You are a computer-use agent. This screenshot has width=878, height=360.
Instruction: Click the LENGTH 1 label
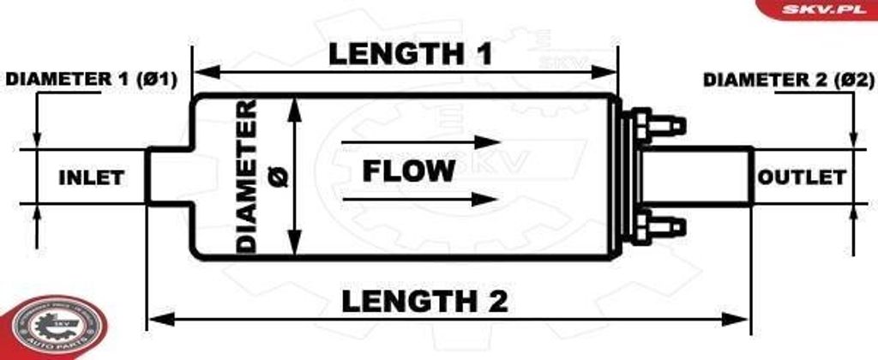pos(411,54)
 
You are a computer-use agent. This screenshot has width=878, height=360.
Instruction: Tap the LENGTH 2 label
pos(424,301)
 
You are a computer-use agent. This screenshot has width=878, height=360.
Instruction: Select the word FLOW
pos(408,171)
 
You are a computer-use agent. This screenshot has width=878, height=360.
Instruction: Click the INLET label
pos(91,178)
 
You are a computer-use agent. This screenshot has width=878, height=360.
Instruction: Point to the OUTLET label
pos(802,177)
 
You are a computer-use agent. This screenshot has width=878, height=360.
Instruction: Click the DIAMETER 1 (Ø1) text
pos(91,80)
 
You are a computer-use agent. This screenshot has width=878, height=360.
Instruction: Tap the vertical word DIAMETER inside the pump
pos(247,176)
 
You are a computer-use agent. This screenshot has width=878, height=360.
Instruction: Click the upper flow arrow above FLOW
pos(421,141)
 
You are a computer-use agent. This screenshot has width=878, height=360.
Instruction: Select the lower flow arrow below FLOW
pos(421,200)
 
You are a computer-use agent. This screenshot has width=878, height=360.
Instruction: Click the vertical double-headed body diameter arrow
pos(294,176)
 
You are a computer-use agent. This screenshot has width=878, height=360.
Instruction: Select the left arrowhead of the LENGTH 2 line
pos(154,320)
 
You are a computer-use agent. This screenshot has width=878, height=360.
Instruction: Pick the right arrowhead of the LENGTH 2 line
pos(743,320)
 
